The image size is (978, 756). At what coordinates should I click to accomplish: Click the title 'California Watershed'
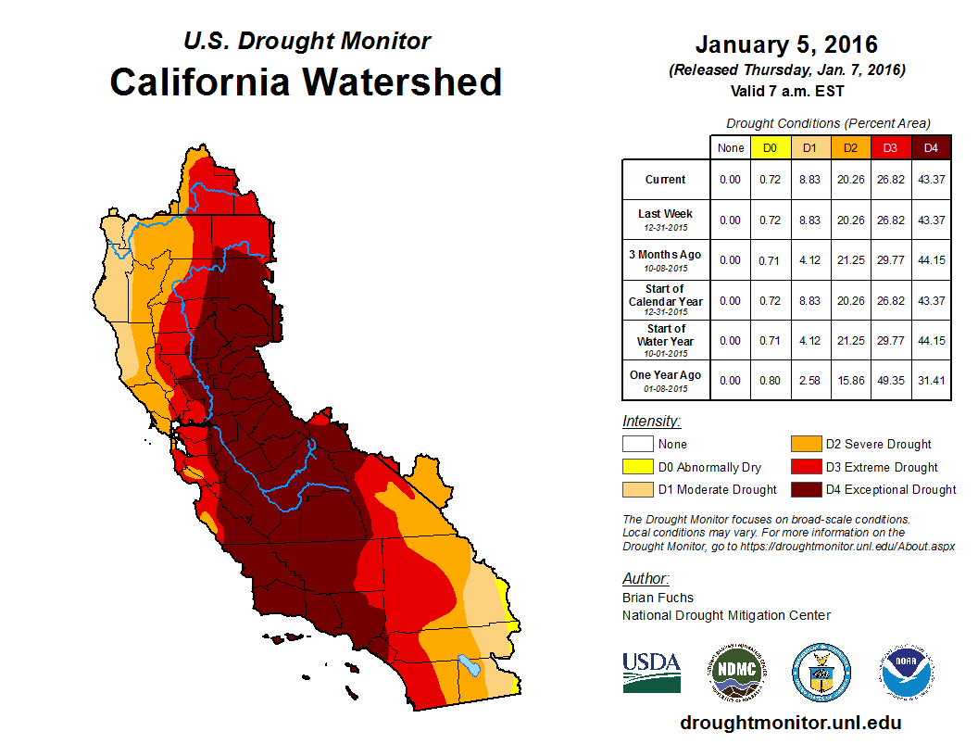click(x=306, y=82)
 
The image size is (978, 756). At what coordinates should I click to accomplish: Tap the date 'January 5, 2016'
click(x=786, y=44)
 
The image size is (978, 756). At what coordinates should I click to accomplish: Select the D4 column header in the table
click(x=931, y=147)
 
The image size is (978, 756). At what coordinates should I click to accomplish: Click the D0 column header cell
click(x=770, y=147)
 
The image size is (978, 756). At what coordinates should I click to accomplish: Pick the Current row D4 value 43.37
click(x=931, y=180)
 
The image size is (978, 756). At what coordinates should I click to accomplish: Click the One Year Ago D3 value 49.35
click(x=891, y=381)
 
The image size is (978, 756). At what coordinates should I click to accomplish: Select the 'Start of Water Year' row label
click(x=666, y=334)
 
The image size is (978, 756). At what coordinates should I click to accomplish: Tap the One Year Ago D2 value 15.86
click(x=850, y=381)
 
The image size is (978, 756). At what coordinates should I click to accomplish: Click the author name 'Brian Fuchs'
click(x=658, y=598)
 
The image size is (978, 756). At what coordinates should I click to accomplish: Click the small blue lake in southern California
click(x=470, y=665)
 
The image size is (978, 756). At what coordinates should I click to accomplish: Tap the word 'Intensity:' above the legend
click(x=651, y=421)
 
